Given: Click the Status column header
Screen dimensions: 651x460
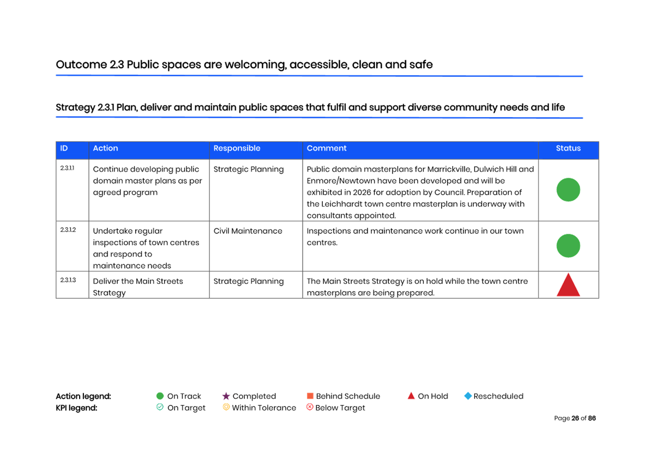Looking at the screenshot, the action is pyautogui.click(x=568, y=148).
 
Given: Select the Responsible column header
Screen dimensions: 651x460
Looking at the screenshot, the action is pyautogui.click(x=237, y=148).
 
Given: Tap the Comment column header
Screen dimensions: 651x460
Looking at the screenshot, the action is pyautogui.click(x=327, y=148).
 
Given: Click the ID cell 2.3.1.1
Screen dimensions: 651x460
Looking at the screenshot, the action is pyautogui.click(x=67, y=168).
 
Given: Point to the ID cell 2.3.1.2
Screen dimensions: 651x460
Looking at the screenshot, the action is pyautogui.click(x=68, y=230).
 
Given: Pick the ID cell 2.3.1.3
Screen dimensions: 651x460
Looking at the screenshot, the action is pyautogui.click(x=68, y=280).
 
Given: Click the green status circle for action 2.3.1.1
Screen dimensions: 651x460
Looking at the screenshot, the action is pyautogui.click(x=568, y=190).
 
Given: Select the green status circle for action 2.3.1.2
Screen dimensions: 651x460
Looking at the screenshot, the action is pyautogui.click(x=568, y=246).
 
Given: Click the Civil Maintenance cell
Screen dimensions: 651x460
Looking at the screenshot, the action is pyautogui.click(x=248, y=231).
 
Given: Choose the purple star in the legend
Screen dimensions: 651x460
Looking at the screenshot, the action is pyautogui.click(x=226, y=396).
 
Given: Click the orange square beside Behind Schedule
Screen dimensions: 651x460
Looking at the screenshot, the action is pyautogui.click(x=310, y=396).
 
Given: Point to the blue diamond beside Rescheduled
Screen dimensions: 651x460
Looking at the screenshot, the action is pyautogui.click(x=468, y=396).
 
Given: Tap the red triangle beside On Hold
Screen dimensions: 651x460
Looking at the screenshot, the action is pyautogui.click(x=411, y=396).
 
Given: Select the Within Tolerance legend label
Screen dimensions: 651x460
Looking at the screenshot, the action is pyautogui.click(x=264, y=408).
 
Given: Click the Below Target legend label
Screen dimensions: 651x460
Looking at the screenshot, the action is pyautogui.click(x=340, y=408).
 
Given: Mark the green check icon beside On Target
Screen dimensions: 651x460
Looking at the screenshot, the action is pyautogui.click(x=160, y=407).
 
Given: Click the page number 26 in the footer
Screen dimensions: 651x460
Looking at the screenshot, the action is pyautogui.click(x=575, y=418).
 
